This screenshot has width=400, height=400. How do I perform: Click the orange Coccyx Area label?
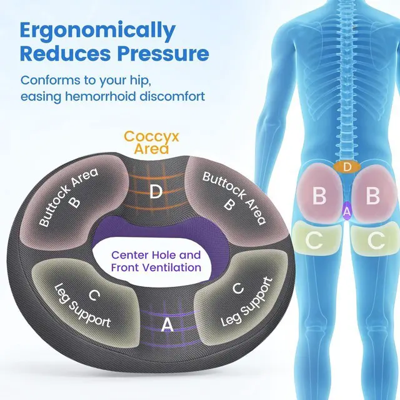click(151, 142)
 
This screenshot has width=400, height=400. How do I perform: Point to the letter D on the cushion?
click(156, 191)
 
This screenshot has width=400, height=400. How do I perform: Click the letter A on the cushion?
click(167, 325)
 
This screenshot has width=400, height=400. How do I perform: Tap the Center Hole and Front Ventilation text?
click(156, 261)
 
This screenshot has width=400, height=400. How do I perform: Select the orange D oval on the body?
click(347, 167)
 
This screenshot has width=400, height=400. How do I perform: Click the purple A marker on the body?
click(346, 211)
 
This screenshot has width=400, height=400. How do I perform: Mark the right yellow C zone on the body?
click(374, 240)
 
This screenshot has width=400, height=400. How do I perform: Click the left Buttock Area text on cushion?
click(69, 197)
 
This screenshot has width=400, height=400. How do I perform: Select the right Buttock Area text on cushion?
click(234, 198)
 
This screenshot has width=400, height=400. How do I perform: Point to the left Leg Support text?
click(82, 306)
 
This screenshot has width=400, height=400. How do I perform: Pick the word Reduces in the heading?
click(65, 53)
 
